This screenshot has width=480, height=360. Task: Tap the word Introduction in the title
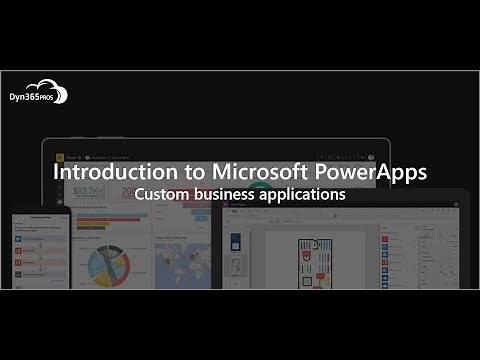[x=108, y=172]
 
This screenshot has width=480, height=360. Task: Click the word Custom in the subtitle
[x=163, y=194]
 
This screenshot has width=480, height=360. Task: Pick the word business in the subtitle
[x=229, y=194]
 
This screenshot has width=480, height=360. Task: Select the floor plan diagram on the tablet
[x=315, y=261]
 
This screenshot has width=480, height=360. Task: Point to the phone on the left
[x=39, y=250]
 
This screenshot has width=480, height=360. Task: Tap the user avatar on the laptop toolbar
[x=369, y=157]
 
